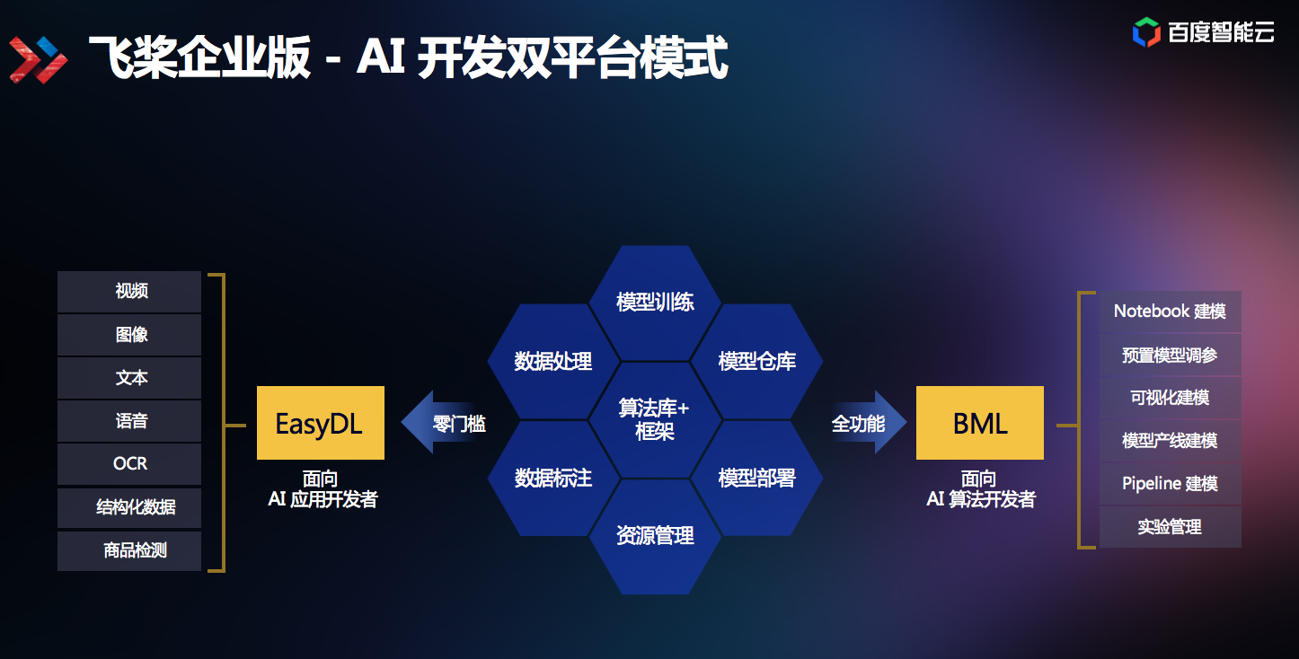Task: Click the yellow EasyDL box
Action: coord(320,423)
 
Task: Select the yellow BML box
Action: coord(979,423)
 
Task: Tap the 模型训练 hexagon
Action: coord(655,302)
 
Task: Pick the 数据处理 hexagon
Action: coord(552,362)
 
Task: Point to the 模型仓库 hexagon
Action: coord(756,362)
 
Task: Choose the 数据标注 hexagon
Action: coord(552,478)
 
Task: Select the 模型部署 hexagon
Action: coord(756,478)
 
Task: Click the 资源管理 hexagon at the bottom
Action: coord(655,536)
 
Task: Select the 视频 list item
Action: coord(130,292)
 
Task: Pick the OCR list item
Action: coord(130,464)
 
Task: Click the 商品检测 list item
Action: coord(130,550)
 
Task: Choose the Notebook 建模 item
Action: coord(1170,312)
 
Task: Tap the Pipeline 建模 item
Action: coord(1170,484)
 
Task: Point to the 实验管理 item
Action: coord(1170,527)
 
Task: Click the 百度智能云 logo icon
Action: coord(1146,31)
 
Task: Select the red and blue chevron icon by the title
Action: coord(39,58)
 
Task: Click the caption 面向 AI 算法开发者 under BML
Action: coord(980,489)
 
